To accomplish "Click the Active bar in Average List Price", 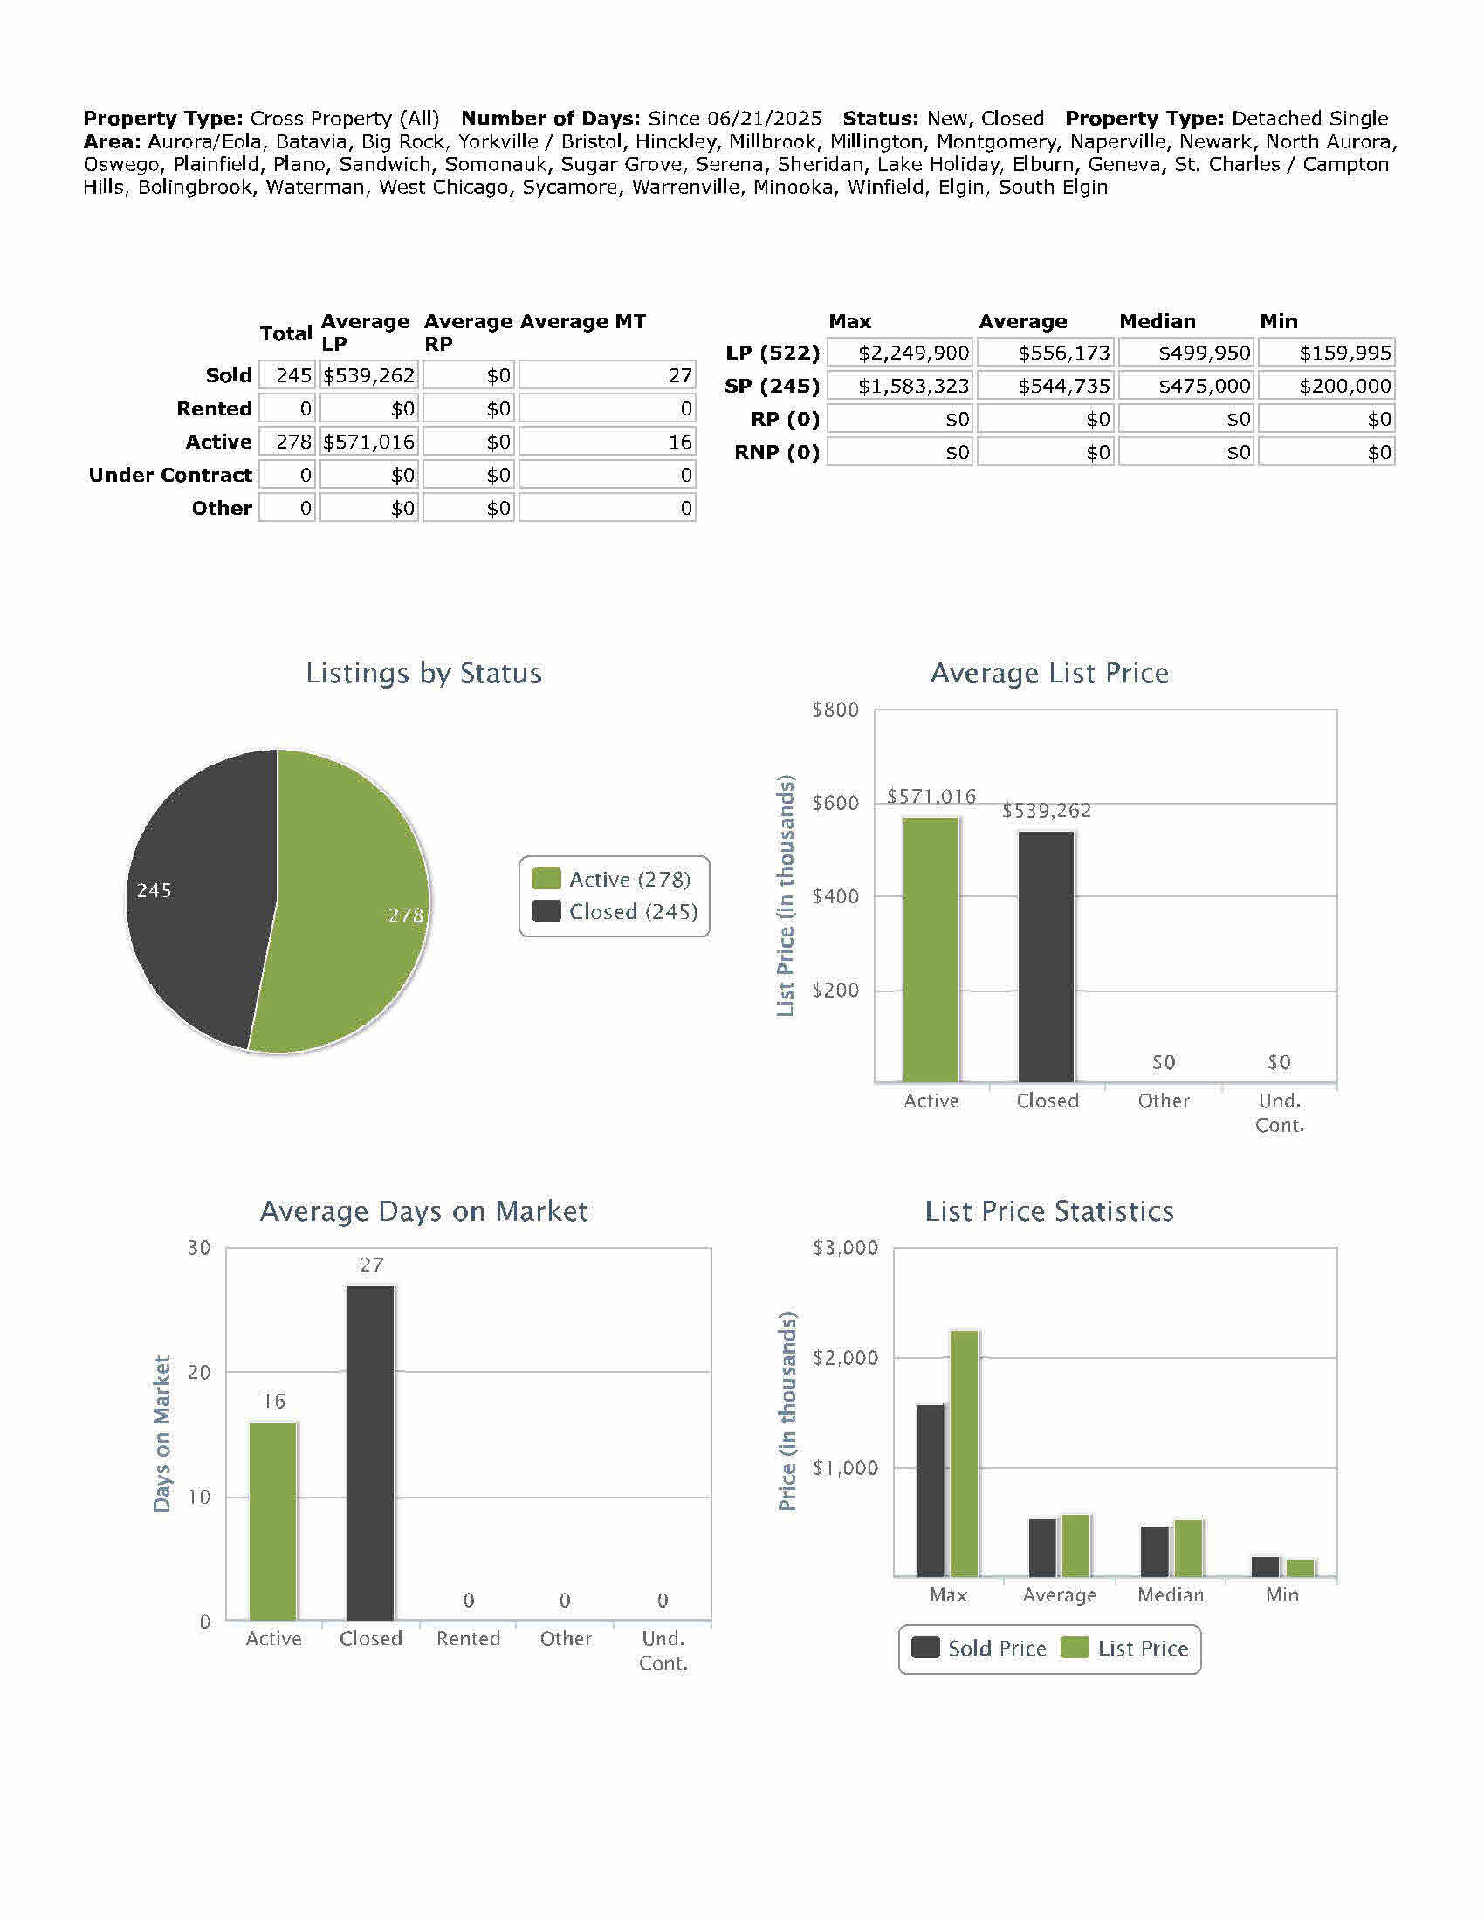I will pos(931,950).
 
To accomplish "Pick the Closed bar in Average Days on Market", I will pos(370,1450).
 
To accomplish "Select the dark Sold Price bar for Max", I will pos(931,1490).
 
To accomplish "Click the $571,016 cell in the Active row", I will pos(368,442).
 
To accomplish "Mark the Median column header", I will pos(1157,321).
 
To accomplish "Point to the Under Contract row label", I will pos(170,475).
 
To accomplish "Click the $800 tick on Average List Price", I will pos(835,710).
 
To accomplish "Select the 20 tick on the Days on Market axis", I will pos(200,1372).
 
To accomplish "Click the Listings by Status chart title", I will pos(423,673).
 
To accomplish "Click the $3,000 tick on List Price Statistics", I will pos(844,1247).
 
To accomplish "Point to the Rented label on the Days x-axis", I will pos(468,1639).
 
